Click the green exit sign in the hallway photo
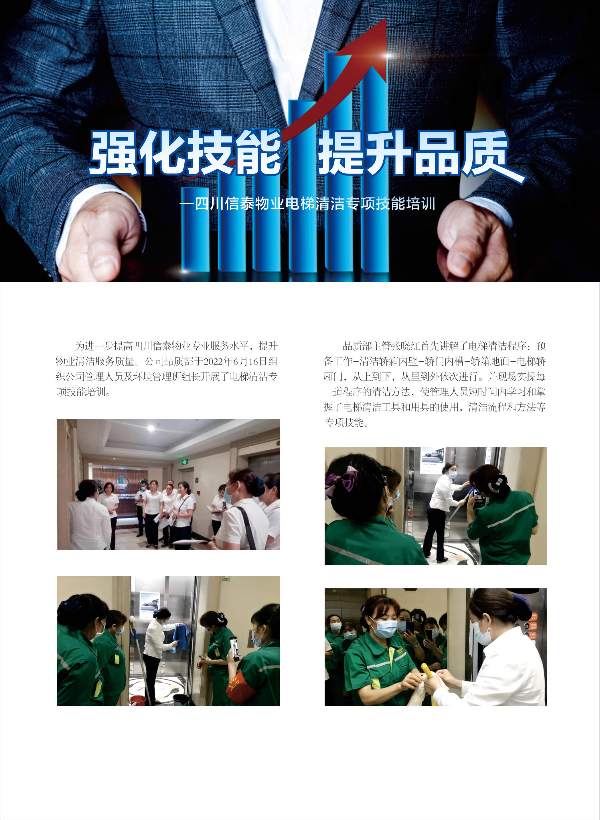coord(185,462)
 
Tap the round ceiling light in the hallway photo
coord(151,428)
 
